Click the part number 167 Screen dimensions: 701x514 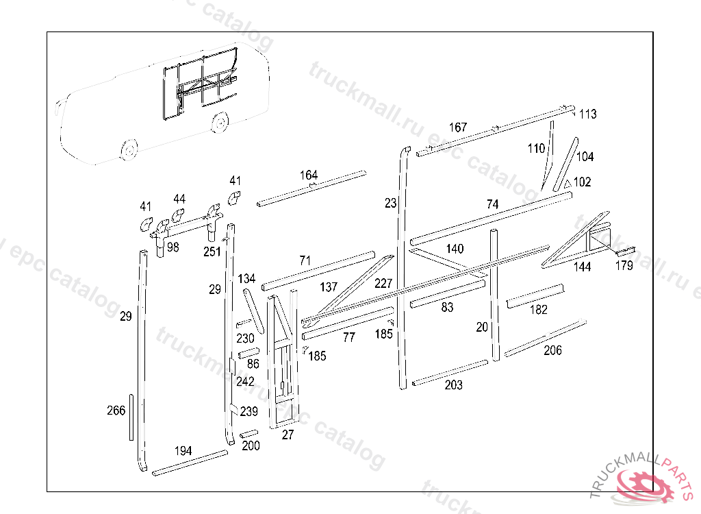(458, 127)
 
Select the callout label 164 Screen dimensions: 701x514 (309, 175)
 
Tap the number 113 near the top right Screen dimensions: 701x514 (587, 114)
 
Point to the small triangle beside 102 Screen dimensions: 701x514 (567, 184)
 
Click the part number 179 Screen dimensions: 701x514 (624, 266)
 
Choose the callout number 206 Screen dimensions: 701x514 (552, 351)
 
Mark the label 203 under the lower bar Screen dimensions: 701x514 (453, 385)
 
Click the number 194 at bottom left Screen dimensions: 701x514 (183, 451)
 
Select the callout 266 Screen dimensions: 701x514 (116, 411)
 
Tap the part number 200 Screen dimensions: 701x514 (251, 445)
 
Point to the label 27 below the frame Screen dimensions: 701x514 (288, 435)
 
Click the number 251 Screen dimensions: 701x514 (212, 252)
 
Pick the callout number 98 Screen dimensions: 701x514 (173, 247)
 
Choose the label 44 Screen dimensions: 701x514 (179, 199)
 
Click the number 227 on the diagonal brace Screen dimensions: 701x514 (383, 283)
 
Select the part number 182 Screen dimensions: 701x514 (539, 310)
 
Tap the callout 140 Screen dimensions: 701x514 (455, 249)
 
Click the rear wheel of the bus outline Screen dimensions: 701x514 (220, 123)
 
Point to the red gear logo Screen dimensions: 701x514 (643, 484)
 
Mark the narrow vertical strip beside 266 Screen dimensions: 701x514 (131, 417)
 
